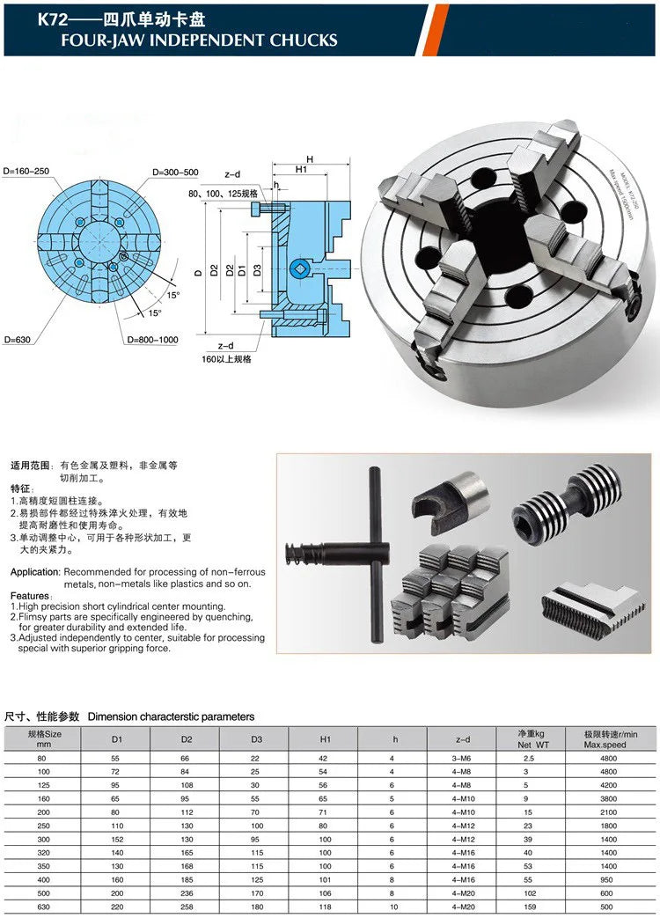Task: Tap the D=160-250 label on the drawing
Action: pyautogui.click(x=28, y=170)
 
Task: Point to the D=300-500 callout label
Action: pyautogui.click(x=174, y=173)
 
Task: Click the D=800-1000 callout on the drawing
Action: pyautogui.click(x=152, y=340)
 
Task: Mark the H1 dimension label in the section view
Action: pyautogui.click(x=301, y=169)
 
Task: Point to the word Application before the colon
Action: pyautogui.click(x=34, y=572)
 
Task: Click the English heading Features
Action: pyautogui.click(x=29, y=596)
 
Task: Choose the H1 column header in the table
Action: pyautogui.click(x=325, y=739)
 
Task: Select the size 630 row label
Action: pyautogui.click(x=43, y=906)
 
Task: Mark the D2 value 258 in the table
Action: pyautogui.click(x=186, y=906)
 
